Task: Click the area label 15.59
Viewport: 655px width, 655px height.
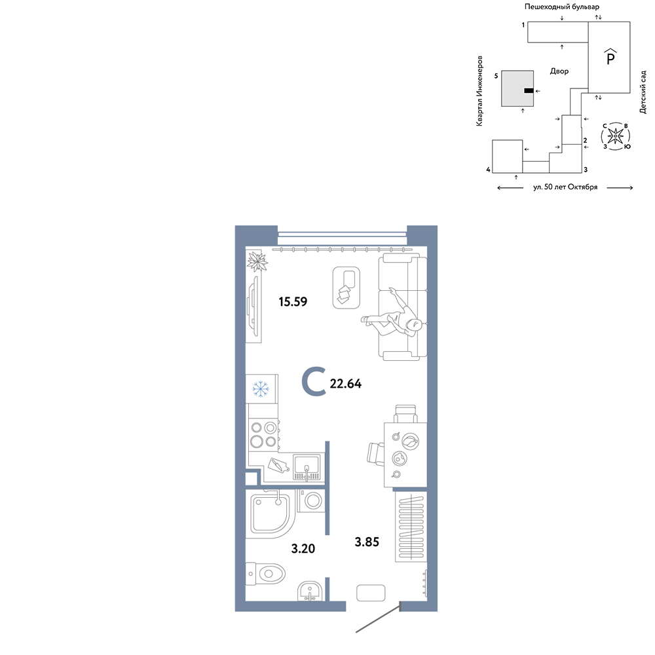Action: (293, 301)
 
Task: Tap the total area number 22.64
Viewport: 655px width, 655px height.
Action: (346, 383)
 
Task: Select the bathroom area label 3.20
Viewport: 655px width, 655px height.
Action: (303, 548)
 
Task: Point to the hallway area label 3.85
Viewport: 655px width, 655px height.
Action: (367, 542)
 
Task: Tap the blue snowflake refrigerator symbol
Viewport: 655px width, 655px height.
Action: (261, 388)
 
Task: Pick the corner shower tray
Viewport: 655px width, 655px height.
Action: (271, 514)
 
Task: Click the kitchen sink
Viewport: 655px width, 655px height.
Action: (307, 467)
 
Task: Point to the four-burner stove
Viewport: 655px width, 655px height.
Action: (263, 434)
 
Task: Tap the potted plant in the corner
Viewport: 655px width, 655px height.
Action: (257, 261)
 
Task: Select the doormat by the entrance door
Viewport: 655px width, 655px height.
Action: (371, 593)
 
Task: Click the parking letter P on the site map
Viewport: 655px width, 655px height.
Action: (610, 58)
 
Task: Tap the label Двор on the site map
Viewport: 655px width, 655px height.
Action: (559, 71)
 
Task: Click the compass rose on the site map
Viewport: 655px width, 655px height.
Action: (615, 136)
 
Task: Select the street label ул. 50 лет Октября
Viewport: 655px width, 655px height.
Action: (565, 187)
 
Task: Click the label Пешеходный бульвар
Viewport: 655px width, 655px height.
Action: (562, 7)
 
